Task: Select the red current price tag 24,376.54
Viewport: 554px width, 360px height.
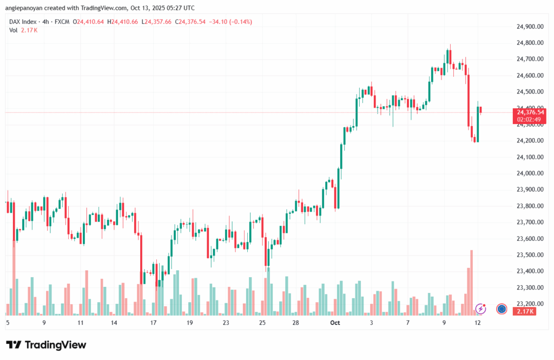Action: pyautogui.click(x=531, y=112)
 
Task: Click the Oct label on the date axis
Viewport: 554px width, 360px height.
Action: pyautogui.click(x=335, y=323)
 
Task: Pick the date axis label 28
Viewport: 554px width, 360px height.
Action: pyautogui.click(x=295, y=323)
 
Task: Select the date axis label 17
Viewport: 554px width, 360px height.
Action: pyautogui.click(x=153, y=323)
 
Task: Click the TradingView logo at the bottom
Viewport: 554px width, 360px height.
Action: pyautogui.click(x=46, y=345)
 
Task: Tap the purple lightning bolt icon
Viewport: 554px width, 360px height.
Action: pyautogui.click(x=480, y=309)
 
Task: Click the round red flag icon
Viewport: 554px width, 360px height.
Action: pyautogui.click(x=502, y=309)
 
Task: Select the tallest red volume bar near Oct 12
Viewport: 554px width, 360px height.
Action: pyautogui.click(x=472, y=282)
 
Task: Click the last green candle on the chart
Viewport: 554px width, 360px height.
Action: pyautogui.click(x=478, y=124)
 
